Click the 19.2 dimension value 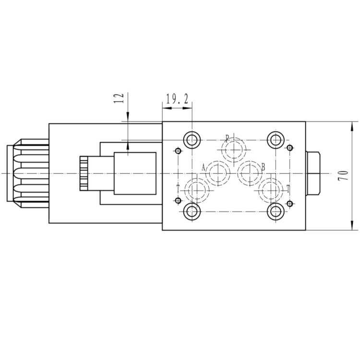(177, 99)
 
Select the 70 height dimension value (343, 175)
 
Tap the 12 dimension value (119, 98)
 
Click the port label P (227, 138)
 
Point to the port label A (203, 168)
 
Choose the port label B (263, 167)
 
